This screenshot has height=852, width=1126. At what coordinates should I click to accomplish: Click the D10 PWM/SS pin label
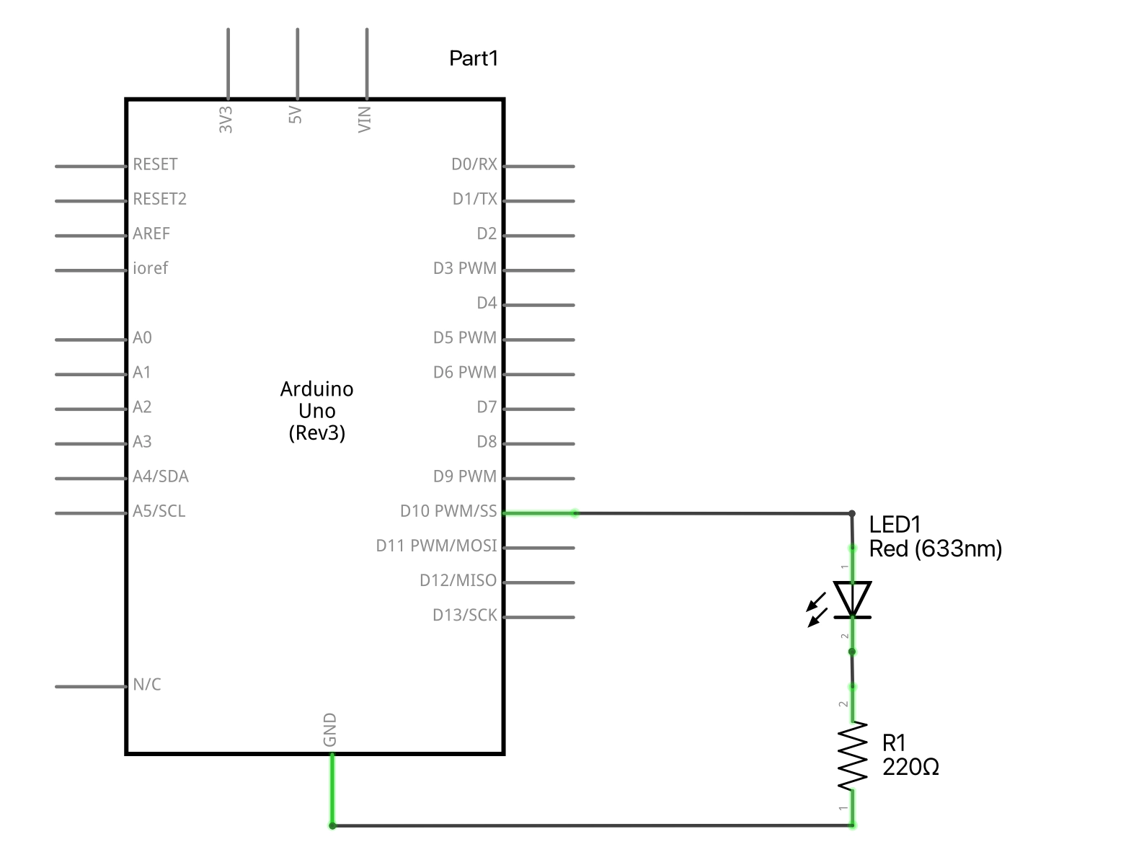(448, 511)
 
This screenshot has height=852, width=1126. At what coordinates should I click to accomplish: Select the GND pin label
(330, 729)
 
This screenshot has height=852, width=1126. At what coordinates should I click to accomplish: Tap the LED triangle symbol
(852, 599)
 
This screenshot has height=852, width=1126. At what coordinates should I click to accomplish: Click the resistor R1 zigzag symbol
(852, 757)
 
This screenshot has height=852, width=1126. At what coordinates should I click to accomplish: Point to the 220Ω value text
(910, 768)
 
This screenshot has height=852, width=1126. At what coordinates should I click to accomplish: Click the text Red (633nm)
(935, 549)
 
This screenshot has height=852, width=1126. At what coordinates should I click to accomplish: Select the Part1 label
(474, 58)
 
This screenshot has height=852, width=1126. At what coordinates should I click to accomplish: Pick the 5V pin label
(296, 115)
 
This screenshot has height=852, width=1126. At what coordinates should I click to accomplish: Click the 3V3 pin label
(226, 120)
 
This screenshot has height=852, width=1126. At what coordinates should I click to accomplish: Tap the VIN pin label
(365, 119)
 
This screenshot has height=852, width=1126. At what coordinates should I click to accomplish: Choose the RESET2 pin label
(159, 199)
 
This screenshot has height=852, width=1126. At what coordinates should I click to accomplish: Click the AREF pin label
(151, 234)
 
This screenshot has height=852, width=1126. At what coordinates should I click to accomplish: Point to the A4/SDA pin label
(160, 476)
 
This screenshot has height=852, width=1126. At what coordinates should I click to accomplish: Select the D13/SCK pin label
(464, 615)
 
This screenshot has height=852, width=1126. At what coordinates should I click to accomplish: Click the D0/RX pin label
(474, 164)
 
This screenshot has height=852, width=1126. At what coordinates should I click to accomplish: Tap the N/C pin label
(147, 685)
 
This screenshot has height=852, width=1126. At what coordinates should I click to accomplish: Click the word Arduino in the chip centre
(316, 389)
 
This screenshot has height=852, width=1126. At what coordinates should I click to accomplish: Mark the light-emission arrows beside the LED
(817, 610)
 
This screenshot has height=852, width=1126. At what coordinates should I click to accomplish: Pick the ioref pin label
(150, 268)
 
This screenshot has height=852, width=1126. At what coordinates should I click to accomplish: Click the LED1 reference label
(895, 525)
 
